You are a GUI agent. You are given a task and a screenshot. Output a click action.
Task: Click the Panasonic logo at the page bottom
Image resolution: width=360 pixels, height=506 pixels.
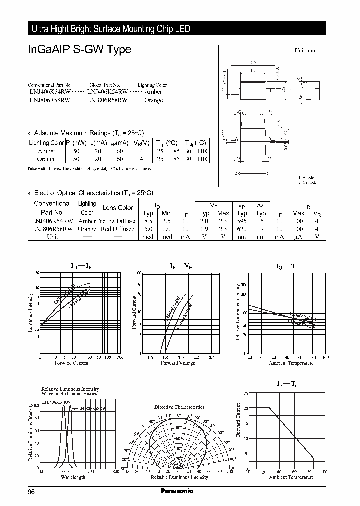tap(177, 491)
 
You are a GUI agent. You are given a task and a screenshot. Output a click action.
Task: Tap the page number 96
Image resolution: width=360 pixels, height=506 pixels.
tap(31, 491)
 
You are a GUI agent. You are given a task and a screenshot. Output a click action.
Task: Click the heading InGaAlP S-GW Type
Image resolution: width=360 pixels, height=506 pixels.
tap(79, 49)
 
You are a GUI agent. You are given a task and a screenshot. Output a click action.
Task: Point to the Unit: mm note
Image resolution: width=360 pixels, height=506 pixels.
tap(305, 50)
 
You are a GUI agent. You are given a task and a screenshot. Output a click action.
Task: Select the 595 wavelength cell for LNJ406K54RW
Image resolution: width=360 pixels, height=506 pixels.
tap(242, 221)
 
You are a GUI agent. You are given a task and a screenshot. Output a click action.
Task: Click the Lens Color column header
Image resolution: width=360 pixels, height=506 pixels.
tap(117, 208)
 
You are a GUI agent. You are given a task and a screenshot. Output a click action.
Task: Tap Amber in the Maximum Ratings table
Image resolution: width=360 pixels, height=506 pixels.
tap(46, 151)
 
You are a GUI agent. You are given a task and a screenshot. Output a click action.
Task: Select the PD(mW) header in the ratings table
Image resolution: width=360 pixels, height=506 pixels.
tap(79, 143)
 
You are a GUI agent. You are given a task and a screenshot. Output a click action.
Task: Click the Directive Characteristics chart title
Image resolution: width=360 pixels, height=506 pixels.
tap(179, 407)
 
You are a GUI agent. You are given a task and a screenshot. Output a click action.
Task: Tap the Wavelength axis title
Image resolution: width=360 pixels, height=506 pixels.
tap(73, 477)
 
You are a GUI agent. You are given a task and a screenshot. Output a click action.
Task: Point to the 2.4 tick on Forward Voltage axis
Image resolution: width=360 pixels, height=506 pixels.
tap(211, 357)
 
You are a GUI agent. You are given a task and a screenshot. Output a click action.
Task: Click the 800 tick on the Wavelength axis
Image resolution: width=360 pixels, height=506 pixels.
tap(116, 471)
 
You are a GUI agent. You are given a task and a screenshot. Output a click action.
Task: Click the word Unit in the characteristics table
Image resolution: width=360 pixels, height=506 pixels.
tap(52, 237)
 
